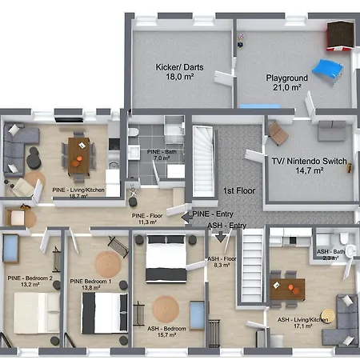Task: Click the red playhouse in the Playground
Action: pos(340,36)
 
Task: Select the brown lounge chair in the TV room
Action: pos(278,133)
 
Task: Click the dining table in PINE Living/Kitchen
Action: pos(79,150)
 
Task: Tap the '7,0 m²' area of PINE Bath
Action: pos(152,158)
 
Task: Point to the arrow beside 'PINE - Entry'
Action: pos(185,214)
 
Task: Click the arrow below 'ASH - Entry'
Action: pos(222,238)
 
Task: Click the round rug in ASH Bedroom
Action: pos(166,307)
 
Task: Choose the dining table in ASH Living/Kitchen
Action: pos(286,290)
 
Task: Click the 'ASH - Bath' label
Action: pos(330,251)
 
